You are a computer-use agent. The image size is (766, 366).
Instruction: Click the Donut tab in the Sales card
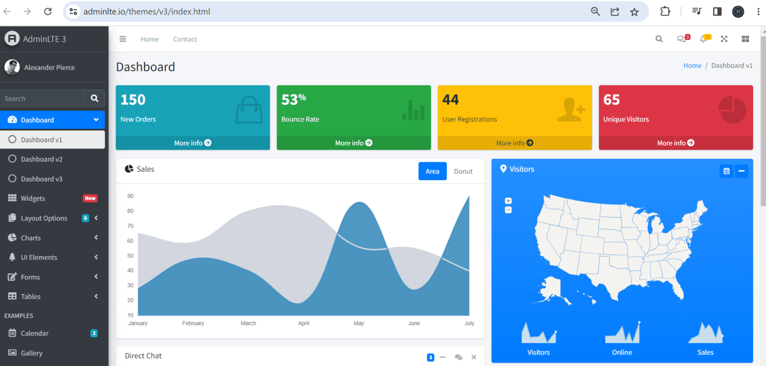463,171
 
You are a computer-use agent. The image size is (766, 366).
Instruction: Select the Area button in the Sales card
432,171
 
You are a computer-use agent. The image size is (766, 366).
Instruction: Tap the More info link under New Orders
192,143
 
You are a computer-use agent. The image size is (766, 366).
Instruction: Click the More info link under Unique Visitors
676,143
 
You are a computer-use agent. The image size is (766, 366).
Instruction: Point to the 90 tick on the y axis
130,196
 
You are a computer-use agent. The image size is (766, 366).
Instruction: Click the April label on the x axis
304,323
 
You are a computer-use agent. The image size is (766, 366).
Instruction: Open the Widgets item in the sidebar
33,198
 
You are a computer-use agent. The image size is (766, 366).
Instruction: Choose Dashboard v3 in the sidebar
41,179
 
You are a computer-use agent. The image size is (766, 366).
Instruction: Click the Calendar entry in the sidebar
34,333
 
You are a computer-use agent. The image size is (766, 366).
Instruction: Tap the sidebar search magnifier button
95,98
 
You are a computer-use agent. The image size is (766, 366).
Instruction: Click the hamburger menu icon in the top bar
123,39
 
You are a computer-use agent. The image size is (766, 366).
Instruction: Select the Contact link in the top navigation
185,39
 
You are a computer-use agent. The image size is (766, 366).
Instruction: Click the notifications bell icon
703,39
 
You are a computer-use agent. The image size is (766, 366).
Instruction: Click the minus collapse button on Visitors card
742,171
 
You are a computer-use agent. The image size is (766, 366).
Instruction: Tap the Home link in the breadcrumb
692,65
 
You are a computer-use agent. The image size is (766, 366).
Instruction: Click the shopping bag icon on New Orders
249,110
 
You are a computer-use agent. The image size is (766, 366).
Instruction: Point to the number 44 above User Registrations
450,100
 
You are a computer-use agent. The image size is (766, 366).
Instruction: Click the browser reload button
48,11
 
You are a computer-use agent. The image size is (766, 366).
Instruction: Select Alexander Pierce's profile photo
12,67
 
